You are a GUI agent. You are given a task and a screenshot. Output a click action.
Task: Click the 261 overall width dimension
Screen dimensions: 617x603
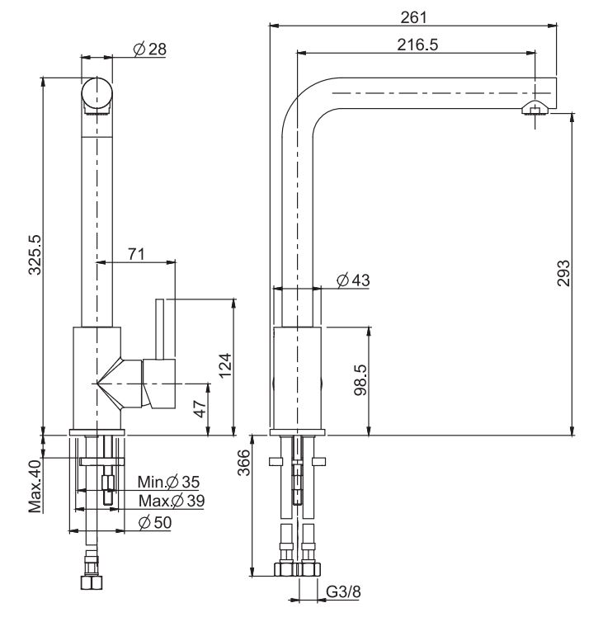click(413, 15)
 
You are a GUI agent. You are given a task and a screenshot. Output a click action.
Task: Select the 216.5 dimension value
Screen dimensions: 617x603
click(417, 45)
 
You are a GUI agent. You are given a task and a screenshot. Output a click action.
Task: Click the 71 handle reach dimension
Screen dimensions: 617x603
click(137, 254)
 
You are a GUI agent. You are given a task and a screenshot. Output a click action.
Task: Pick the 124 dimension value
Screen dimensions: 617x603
click(225, 367)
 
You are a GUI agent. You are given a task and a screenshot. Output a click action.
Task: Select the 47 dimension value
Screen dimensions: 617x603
click(199, 410)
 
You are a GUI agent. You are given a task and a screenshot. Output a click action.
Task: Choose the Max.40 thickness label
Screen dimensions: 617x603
click(35, 487)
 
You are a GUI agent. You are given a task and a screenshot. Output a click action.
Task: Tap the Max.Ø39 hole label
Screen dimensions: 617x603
click(171, 501)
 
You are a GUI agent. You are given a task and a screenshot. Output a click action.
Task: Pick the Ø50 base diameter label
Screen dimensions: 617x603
click(155, 523)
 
